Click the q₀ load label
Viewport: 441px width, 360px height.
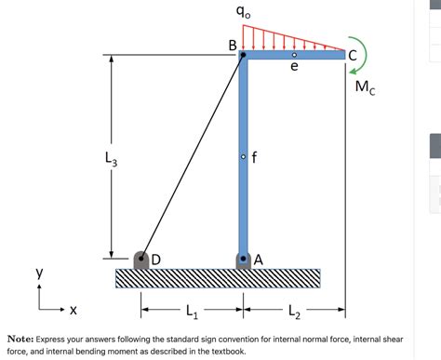243,12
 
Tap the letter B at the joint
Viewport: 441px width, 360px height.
233,45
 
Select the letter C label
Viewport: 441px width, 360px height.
352,54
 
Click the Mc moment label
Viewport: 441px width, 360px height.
366,88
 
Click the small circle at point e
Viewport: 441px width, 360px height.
294,55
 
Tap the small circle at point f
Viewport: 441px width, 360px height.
243,156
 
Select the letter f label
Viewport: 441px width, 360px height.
254,156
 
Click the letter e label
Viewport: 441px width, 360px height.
294,68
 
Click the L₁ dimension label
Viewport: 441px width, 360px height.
192,309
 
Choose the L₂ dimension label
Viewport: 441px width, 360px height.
294,309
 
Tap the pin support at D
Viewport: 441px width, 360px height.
142,259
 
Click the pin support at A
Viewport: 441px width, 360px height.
243,259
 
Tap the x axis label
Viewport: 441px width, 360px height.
73,308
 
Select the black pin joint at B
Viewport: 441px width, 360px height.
243,55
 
